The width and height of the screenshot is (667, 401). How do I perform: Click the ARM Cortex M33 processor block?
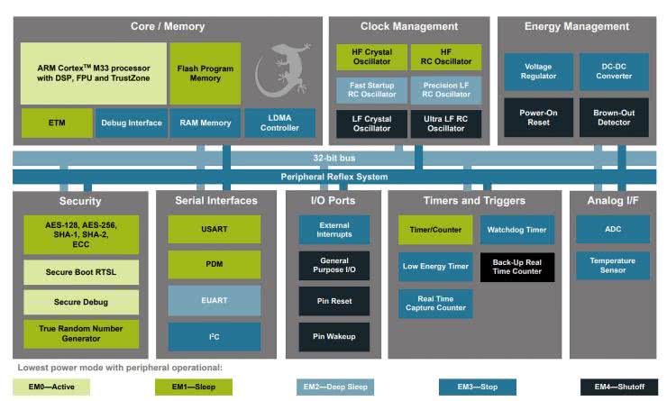coord(94,73)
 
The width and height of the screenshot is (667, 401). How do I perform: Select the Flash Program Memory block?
coord(205,73)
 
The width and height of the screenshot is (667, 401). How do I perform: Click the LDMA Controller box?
coord(279,123)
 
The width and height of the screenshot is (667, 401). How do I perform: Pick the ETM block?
coord(56,123)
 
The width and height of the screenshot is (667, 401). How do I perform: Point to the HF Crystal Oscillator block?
coord(370,58)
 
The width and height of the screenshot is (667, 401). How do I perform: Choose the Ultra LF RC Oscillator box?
coord(445,123)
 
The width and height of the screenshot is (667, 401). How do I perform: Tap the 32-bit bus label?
coord(333,158)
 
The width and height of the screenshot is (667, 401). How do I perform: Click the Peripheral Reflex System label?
coord(333,177)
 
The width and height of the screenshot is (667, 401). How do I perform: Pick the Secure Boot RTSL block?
coord(81,270)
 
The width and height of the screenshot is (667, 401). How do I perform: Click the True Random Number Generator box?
coord(81,333)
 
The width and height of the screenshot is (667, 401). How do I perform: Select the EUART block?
coord(214,300)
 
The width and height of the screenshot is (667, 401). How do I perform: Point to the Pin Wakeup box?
coord(333,337)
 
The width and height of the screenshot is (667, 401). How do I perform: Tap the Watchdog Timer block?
coord(516,230)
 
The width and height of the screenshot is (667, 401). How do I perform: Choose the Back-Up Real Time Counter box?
coord(516,267)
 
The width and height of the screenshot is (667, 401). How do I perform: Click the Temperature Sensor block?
coord(613,266)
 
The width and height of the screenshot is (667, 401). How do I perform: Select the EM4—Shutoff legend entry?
coord(613,387)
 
